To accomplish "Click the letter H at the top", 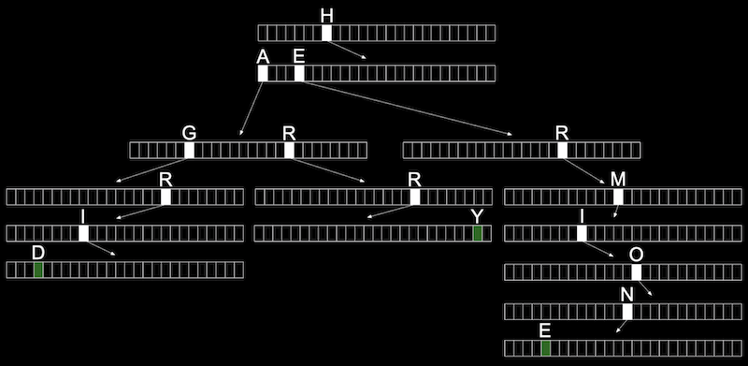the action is tap(326, 16).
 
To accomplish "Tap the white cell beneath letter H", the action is tap(326, 33).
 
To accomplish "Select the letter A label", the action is tap(263, 57).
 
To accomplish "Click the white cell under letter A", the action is tap(263, 74).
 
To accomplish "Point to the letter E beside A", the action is tap(298, 57).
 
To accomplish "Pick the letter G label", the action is tap(190, 133).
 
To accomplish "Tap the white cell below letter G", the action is tap(190, 150).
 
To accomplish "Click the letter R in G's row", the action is tap(289, 133).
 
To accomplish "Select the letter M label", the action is tap(618, 180).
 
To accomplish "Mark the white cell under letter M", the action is tap(618, 197).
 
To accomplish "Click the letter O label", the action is tap(637, 256).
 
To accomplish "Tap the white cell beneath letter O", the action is tap(637, 271).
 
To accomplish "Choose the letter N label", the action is tap(627, 295).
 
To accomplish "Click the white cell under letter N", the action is tap(627, 312).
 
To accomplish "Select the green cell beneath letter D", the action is tap(38, 270).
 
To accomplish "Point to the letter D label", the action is tap(38, 254).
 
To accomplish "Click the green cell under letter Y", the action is tap(478, 234).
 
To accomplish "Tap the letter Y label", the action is tap(477, 217).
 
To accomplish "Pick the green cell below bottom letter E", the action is tap(546, 348).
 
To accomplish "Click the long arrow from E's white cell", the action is tap(408, 109).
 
